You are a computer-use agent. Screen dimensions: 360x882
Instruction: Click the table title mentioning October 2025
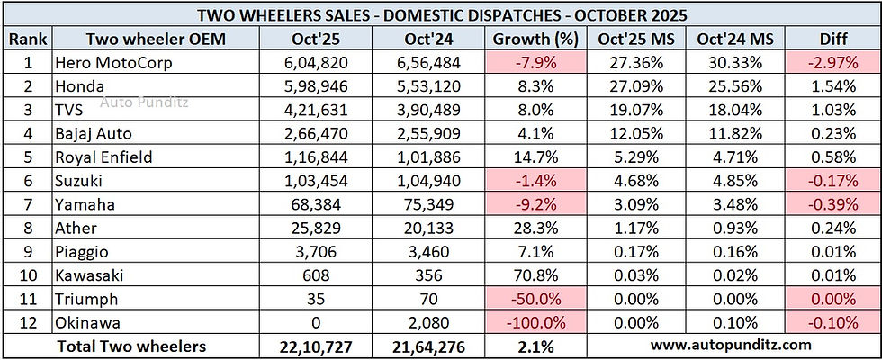[441, 14]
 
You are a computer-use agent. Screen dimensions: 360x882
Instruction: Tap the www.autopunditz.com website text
[731, 345]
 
